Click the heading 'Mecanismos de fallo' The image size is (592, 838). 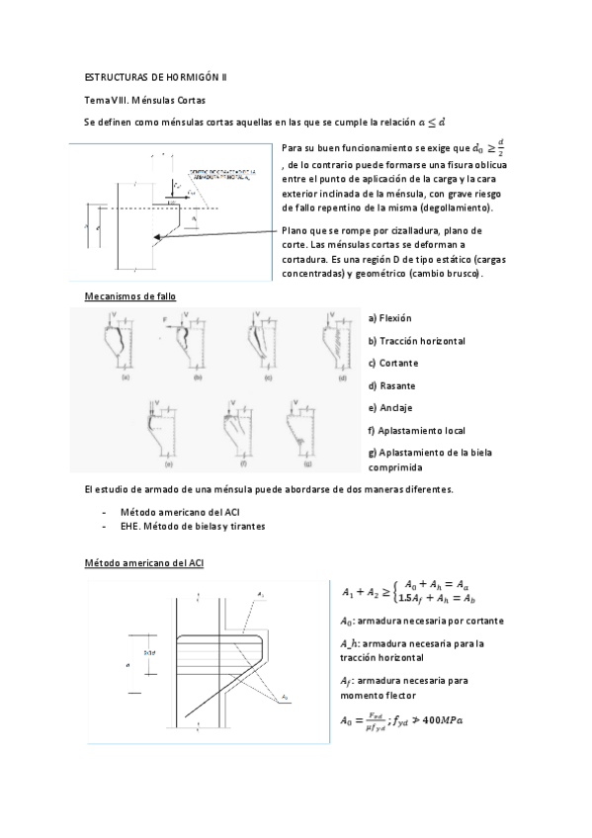[131, 296]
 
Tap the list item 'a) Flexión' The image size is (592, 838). [389, 318]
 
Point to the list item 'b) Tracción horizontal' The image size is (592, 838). [416, 341]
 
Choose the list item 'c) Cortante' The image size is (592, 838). [392, 363]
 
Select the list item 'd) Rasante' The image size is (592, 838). [391, 385]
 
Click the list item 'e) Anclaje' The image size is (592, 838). [390, 408]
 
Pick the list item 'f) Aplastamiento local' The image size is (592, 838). [416, 431]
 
